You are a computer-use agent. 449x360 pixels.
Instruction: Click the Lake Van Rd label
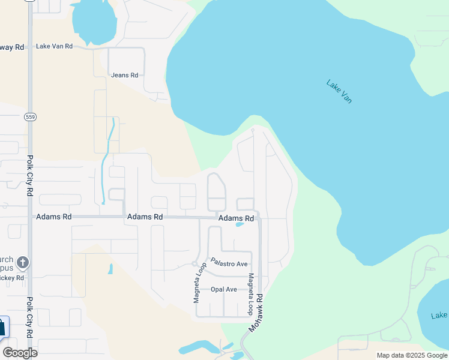[x=54, y=46]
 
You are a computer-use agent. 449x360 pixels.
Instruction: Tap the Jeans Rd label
[x=125, y=75]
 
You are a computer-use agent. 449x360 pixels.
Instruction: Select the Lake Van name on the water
[x=339, y=91]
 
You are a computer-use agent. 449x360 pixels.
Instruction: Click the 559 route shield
[x=31, y=116]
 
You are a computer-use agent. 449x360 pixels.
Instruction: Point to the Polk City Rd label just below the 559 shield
[x=30, y=176]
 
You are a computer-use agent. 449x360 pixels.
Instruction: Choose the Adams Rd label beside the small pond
[x=236, y=218]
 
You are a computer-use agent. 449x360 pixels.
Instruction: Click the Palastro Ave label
[x=229, y=264]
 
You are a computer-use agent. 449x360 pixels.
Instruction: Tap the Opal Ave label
[x=224, y=289]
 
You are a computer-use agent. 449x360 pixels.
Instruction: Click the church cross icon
[x=23, y=262]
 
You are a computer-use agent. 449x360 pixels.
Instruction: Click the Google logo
[x=20, y=353]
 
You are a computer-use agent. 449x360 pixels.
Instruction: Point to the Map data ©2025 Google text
[x=411, y=355]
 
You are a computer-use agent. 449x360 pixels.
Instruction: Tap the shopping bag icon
[x=2, y=328]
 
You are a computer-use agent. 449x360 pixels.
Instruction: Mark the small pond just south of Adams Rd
[x=240, y=225]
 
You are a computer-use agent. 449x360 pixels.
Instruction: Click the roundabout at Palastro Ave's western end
[x=194, y=264]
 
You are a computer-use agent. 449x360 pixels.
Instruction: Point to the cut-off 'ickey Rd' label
[x=12, y=278]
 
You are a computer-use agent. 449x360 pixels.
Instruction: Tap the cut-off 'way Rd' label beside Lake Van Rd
[x=12, y=47]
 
